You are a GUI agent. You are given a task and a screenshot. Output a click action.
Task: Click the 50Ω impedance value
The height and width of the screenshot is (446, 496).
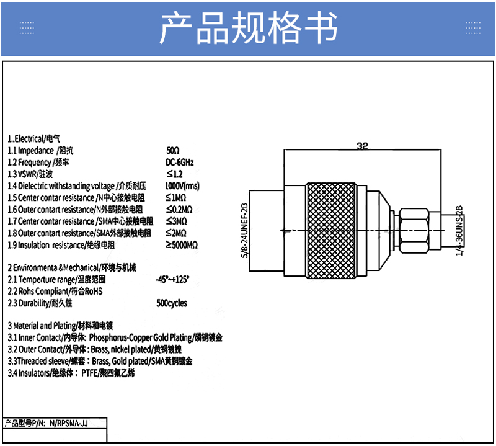pos(173,150)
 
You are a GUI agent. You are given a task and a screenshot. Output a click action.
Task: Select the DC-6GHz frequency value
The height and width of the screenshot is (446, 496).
pos(179,163)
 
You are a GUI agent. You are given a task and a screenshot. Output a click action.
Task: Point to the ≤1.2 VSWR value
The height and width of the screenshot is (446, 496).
pos(174,174)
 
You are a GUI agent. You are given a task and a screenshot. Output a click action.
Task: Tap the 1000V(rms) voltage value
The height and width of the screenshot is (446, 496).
pos(182,186)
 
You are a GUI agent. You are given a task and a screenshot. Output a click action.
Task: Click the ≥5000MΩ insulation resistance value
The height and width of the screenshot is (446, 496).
pos(182,245)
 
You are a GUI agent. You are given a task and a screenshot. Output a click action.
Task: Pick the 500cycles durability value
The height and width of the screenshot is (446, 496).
pos(172,303)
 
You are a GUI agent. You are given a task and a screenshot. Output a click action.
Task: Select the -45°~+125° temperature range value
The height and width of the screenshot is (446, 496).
pos(172,280)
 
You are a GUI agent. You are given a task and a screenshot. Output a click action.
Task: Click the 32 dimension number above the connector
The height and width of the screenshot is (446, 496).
pos(362,146)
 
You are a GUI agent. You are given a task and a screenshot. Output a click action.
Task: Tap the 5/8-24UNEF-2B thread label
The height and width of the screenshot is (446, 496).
pos(244,230)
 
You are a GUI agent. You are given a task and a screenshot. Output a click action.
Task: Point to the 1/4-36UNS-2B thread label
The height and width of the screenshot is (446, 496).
pos(459,230)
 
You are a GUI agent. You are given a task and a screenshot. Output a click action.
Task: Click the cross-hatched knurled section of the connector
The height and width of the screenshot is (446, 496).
pos(331,230)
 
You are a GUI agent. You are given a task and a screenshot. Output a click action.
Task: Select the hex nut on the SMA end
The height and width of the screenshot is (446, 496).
pos(414,230)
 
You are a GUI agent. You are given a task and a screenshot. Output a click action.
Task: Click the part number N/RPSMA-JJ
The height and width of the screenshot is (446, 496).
pos(68,423)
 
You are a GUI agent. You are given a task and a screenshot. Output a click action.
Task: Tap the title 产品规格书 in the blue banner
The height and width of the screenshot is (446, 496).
pos(249,28)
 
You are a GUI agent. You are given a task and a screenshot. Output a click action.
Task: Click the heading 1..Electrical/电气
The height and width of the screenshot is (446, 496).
pos(34,139)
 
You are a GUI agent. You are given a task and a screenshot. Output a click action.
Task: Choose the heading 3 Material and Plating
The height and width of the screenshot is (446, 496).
pos(60,326)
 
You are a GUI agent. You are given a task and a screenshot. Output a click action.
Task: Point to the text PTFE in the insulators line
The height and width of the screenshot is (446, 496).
pos(89,373)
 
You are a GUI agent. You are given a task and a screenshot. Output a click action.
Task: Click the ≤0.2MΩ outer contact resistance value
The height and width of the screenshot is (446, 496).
pos(179,210)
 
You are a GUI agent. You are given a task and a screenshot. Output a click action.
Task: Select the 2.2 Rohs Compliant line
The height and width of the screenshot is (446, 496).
pos(55,291)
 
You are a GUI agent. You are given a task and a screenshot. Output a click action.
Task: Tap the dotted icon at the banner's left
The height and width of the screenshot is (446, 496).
pos(27,28)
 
